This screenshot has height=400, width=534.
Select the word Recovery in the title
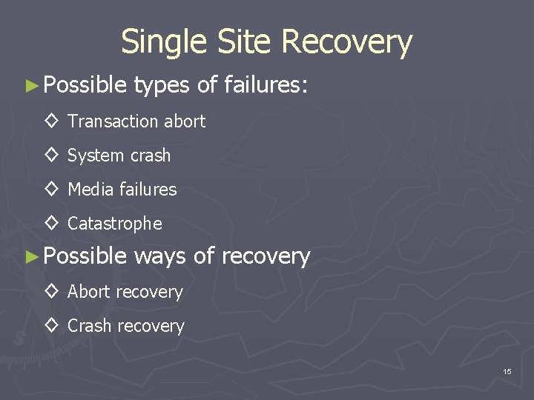pyautogui.click(x=347, y=42)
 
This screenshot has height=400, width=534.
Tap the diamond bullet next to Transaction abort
pyautogui.click(x=52, y=121)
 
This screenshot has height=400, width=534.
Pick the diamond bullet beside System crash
pyautogui.click(x=52, y=156)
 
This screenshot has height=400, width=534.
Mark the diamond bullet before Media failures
pyautogui.click(x=52, y=190)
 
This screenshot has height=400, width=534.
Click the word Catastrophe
pyautogui.click(x=114, y=224)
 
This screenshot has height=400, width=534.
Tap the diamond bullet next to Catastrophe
pyautogui.click(x=52, y=224)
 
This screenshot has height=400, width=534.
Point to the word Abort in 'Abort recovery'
pyautogui.click(x=88, y=292)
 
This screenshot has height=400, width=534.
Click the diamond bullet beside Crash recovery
pyautogui.click(x=52, y=326)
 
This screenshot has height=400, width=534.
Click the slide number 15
pyautogui.click(x=507, y=371)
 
